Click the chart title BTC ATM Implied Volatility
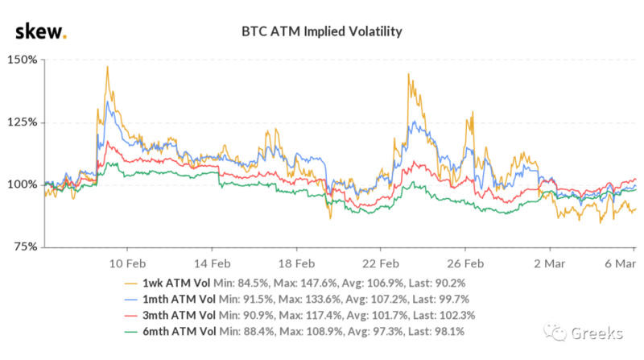tap(322, 32)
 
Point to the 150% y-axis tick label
tap(22, 60)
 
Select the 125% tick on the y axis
tap(22, 122)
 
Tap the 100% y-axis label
tap(22, 184)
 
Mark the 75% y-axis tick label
tap(24, 246)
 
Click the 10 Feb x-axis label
tap(126, 263)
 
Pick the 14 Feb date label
tap(211, 263)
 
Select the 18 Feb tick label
tap(295, 263)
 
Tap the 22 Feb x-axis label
tap(380, 263)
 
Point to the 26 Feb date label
tap(464, 263)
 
